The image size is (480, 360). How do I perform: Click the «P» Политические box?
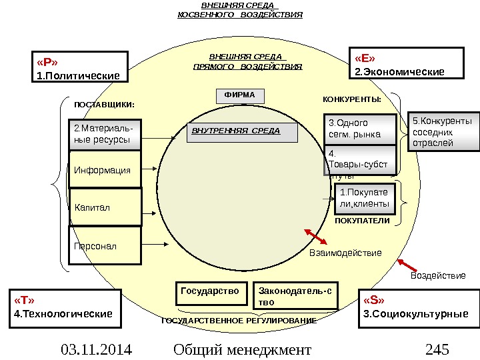pos(79,67)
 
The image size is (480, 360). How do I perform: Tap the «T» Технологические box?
pos(65,307)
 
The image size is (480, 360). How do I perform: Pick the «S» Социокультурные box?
pos(419,308)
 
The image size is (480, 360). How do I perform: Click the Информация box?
pos(105,170)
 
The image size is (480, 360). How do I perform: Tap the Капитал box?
pos(105,207)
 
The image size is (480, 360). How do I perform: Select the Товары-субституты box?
pos(359,162)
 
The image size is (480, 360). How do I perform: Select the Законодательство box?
pos(297,296)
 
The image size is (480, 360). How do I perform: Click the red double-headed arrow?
pos(315,237)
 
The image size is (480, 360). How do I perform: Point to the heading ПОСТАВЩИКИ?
pos(103,105)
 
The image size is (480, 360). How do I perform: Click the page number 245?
pos(437,349)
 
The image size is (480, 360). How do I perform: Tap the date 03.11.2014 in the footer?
pos(96,349)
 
